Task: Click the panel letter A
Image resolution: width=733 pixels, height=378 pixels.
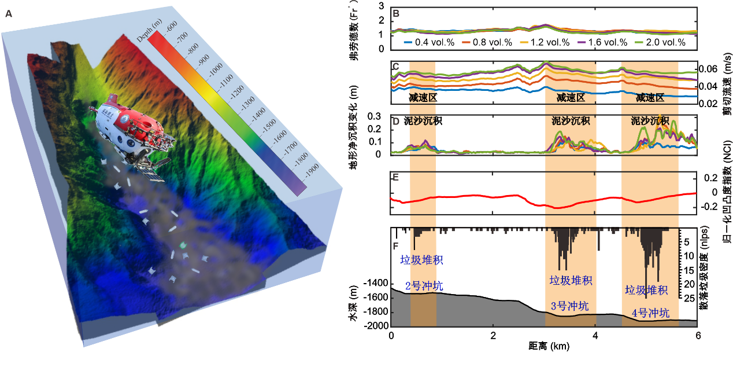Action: pos(8,14)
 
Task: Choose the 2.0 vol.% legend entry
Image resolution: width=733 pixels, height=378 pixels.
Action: pos(660,42)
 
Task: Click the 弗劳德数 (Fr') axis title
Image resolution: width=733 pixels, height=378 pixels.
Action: pos(353,31)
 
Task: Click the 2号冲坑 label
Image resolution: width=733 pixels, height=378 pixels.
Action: pos(421,285)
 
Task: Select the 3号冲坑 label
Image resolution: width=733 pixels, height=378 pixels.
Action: pos(569,307)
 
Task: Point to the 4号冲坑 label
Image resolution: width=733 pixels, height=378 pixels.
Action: pos(650,314)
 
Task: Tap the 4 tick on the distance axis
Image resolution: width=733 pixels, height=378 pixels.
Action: pos(595,336)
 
